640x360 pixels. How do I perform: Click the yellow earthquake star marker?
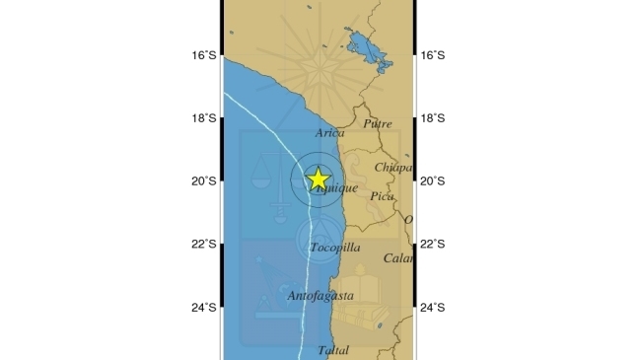click(x=319, y=179)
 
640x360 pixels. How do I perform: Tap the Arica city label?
click(x=330, y=133)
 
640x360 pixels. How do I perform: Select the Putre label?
click(x=378, y=124)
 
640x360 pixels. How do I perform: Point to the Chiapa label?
click(x=391, y=168)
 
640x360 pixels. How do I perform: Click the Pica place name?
click(x=382, y=196)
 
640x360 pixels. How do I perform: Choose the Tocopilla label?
click(x=334, y=248)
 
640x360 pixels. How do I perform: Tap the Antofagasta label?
click(x=320, y=295)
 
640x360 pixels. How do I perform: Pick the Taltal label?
click(x=334, y=350)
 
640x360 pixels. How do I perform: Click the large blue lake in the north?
click(x=366, y=50)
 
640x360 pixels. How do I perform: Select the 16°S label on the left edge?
click(x=204, y=55)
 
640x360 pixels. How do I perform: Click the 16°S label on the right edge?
click(x=433, y=55)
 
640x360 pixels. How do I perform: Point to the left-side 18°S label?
click(x=204, y=118)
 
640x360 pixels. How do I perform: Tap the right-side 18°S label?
click(x=433, y=118)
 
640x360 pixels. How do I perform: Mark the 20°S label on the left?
click(x=204, y=181)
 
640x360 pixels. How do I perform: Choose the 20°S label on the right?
click(x=433, y=181)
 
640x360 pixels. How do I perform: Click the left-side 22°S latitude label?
click(x=204, y=245)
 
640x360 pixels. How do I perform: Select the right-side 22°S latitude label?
click(x=433, y=245)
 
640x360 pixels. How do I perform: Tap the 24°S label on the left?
click(x=204, y=308)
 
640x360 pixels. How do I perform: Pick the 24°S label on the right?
click(x=433, y=308)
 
